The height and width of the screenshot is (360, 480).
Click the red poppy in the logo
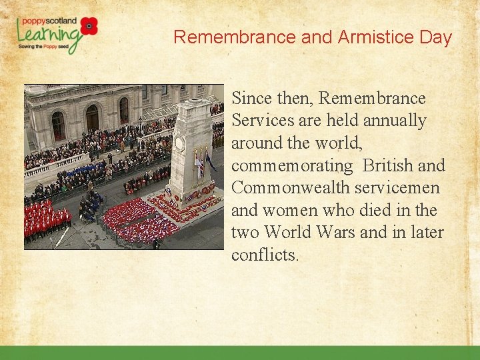point(89,26)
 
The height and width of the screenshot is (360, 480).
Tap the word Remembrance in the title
point(235,37)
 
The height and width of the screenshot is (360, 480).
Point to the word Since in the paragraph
point(251,99)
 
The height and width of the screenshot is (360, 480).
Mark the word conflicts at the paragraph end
point(264,255)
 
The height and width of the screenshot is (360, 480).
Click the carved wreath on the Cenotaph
point(179,144)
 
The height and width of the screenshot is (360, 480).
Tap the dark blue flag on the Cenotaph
point(211,162)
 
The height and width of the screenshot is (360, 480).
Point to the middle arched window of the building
point(92,117)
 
